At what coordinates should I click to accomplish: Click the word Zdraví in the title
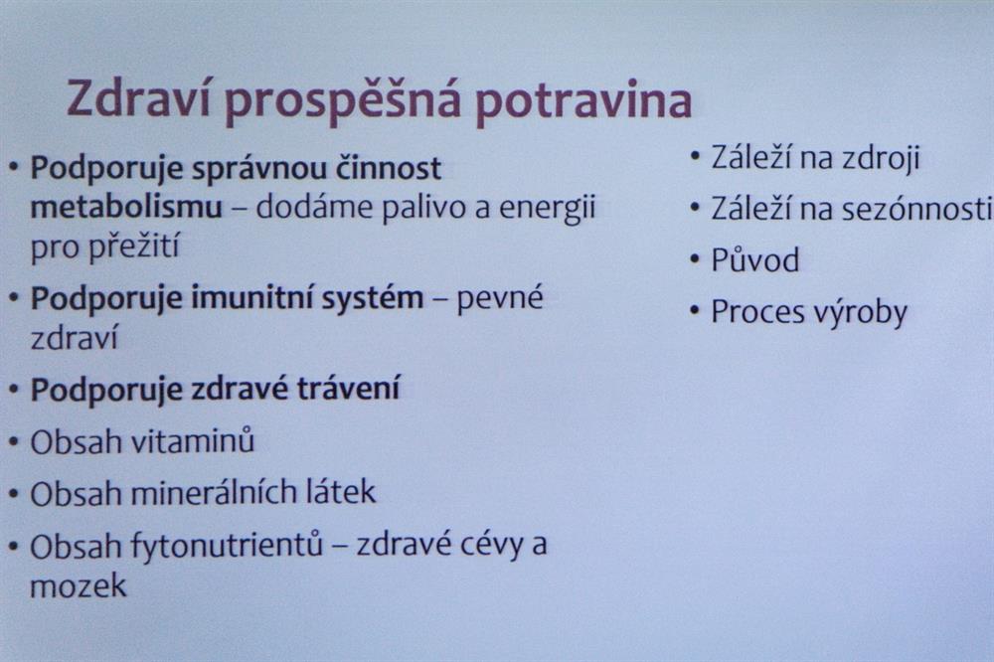coord(139,98)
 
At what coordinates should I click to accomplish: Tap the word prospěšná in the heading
coord(342,101)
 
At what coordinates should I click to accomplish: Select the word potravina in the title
coord(583,100)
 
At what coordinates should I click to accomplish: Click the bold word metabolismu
coord(127,208)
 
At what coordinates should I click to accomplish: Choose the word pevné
coord(500,298)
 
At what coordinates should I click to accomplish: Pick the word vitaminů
coord(194,440)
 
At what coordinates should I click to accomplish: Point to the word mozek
coord(78,585)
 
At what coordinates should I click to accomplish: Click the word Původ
coord(755,260)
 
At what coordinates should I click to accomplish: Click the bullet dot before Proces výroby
coord(695,311)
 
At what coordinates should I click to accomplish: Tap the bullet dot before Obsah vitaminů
coord(14,442)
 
